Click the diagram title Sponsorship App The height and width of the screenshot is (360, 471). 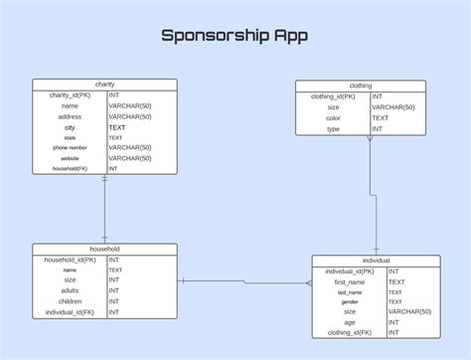[235, 36]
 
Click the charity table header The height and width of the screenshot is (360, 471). [104, 85]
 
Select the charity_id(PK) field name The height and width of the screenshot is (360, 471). [70, 94]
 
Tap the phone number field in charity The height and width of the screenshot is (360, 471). [70, 148]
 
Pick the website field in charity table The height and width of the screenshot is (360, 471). [70, 158]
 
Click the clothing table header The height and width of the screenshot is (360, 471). [361, 86]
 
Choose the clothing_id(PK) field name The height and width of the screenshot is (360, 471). [333, 96]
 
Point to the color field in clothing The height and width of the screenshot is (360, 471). [333, 117]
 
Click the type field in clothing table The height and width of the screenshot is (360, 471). [333, 128]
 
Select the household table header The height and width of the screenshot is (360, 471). [104, 249]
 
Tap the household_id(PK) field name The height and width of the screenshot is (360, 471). [70, 260]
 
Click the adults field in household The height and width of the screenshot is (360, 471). [70, 290]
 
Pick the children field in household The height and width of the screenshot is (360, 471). [70, 301]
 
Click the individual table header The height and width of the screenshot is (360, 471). [376, 261]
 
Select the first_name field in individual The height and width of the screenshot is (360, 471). [349, 281]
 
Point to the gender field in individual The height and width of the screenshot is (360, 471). [349, 302]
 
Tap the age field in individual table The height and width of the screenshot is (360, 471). [349, 322]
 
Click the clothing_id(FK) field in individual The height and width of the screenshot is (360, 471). [349, 333]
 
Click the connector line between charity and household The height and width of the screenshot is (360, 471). [104, 209]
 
